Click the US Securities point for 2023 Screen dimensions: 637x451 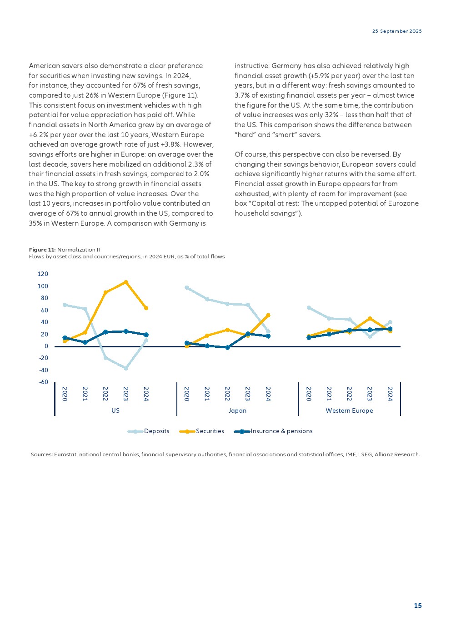[126, 282]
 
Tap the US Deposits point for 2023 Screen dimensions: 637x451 [126, 368]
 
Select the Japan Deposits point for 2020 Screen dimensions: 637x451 [187, 287]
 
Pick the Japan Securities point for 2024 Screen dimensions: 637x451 [268, 315]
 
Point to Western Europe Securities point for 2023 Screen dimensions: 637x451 [370, 318]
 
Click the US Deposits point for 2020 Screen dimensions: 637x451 [65, 305]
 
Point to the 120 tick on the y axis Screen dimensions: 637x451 [43, 274]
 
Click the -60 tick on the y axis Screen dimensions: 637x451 [43, 382]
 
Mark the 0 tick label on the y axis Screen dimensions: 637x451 [46, 346]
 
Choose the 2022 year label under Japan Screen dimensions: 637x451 [227, 394]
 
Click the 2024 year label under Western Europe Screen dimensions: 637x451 [390, 394]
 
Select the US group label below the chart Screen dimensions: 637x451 [115, 410]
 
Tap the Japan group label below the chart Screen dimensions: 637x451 [237, 410]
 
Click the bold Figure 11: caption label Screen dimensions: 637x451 [42, 250]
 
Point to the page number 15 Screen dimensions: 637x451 [418, 606]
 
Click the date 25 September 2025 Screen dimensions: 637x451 [397, 31]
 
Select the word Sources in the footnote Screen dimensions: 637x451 [41, 454]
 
